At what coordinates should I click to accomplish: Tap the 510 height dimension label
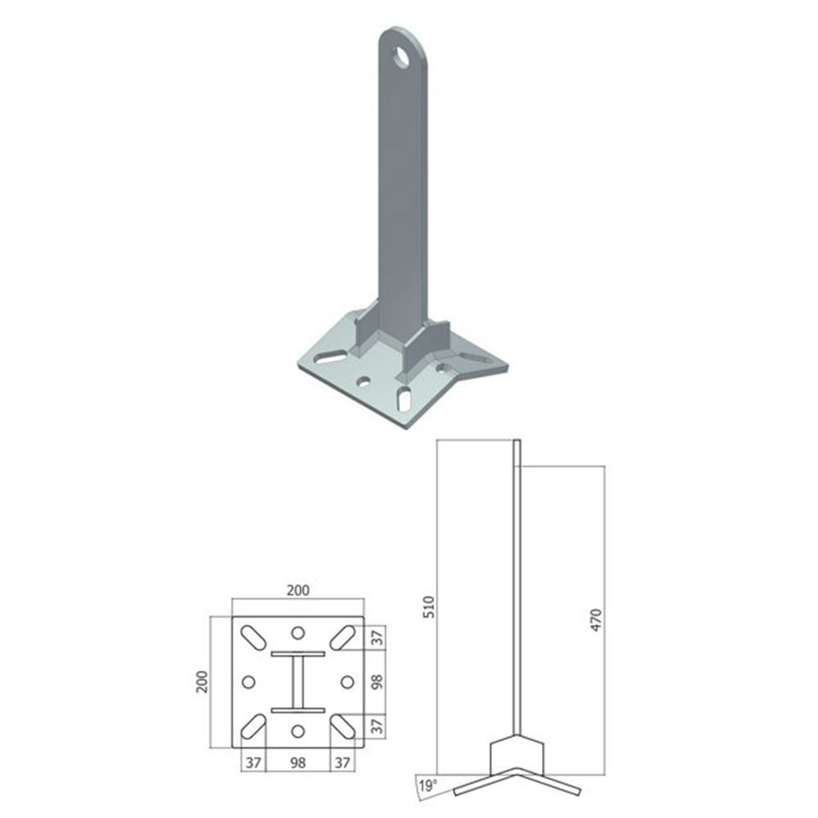(x=429, y=607)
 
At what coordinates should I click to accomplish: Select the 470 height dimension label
(x=596, y=620)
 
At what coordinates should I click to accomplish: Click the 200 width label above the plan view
(x=298, y=590)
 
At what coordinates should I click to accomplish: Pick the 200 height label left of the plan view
(x=202, y=682)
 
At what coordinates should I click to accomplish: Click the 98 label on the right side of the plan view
(x=377, y=682)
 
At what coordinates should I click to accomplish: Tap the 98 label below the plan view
(x=298, y=762)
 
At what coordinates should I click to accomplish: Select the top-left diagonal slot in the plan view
(x=253, y=637)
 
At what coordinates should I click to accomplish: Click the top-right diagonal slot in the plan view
(x=343, y=637)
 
